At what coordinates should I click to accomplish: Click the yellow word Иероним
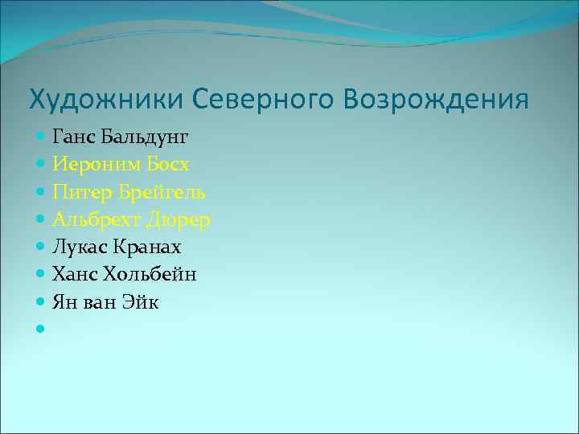[x=92, y=165]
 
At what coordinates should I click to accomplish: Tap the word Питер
[x=79, y=192]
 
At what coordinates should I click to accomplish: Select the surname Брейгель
[x=158, y=193]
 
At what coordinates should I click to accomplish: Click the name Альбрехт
[x=93, y=219]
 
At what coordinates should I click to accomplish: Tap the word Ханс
[x=75, y=275]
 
